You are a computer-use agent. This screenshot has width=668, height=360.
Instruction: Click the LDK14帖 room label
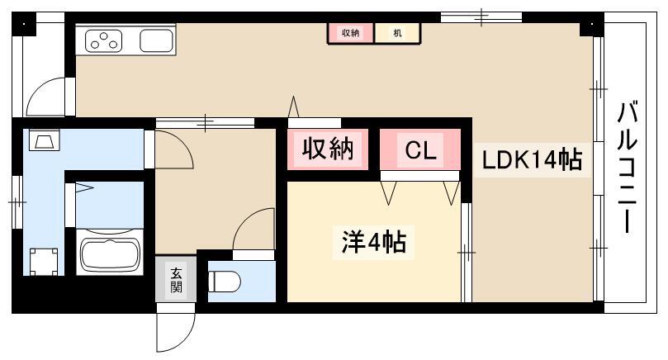coord(532,160)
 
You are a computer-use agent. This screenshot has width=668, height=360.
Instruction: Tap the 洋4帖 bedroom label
coord(374,242)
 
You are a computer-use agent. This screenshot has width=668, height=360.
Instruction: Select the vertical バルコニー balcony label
coord(627,167)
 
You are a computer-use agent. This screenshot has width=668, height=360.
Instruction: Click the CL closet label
coord(420,150)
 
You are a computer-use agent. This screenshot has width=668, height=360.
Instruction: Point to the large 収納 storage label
coord(328,149)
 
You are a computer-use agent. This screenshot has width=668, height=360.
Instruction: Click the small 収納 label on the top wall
coord(351,32)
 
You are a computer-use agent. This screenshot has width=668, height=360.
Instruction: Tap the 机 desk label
coord(397,32)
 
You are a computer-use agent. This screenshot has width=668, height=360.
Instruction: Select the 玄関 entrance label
coord(176,280)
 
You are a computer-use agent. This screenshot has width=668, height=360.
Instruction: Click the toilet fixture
coord(225,282)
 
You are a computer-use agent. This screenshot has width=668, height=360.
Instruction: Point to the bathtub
coord(110,255)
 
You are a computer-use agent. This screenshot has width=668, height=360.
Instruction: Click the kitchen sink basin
coord(156,40)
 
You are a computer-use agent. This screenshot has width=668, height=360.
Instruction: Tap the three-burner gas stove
coord(104,41)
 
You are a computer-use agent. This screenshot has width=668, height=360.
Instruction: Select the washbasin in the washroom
coord(45,140)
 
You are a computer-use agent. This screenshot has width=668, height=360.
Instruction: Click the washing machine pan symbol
coord(44,262)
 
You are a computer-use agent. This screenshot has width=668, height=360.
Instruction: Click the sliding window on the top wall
coord(481,17)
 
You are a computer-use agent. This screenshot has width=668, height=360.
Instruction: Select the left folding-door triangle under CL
coord(389,192)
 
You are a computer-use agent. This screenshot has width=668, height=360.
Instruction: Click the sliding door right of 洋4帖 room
coord(467,252)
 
